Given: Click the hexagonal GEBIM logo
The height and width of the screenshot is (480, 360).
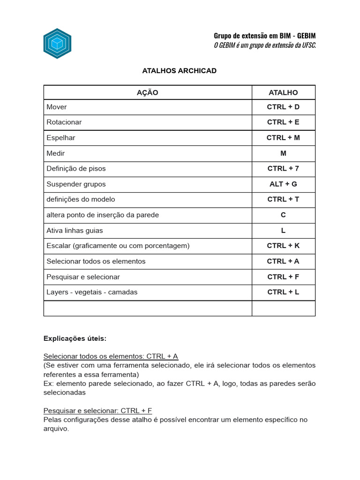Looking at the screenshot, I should coord(57,44).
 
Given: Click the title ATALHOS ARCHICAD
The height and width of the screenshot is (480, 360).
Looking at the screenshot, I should coord(179,71).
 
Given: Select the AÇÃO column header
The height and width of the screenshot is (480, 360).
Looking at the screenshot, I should coord(147,93).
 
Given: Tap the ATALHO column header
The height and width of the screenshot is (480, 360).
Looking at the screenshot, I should coord(283,93).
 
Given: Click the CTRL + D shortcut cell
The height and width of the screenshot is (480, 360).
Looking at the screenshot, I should coord(283,107).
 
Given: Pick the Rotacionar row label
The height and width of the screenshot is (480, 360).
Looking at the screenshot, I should coord(64,122).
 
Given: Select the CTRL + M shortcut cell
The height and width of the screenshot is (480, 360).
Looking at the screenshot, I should coord(283,138).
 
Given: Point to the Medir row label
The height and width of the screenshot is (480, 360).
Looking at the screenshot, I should coord(56,153).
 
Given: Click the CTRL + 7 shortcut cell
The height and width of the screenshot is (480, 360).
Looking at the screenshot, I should coord(283,169).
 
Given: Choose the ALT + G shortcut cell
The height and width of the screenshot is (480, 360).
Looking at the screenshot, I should coord(283,184).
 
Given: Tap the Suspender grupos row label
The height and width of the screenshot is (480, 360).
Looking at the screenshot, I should coord(76,184).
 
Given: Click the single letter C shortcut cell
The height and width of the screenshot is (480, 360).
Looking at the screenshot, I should coord(283,215).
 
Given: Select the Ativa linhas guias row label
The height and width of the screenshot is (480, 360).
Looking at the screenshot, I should coord(75,231).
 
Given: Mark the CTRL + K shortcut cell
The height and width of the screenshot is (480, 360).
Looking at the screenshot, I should coord(283,246).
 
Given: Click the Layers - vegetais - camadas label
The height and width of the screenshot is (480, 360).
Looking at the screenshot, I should coord(92,292).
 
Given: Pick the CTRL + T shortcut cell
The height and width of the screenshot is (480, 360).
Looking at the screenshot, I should coord(283,199).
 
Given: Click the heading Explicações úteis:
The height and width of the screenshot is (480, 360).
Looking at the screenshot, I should coord(75,338).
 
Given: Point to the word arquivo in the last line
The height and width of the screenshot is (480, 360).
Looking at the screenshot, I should coord(56,428).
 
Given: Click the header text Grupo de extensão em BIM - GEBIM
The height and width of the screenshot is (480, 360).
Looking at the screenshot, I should coord(264,36).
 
